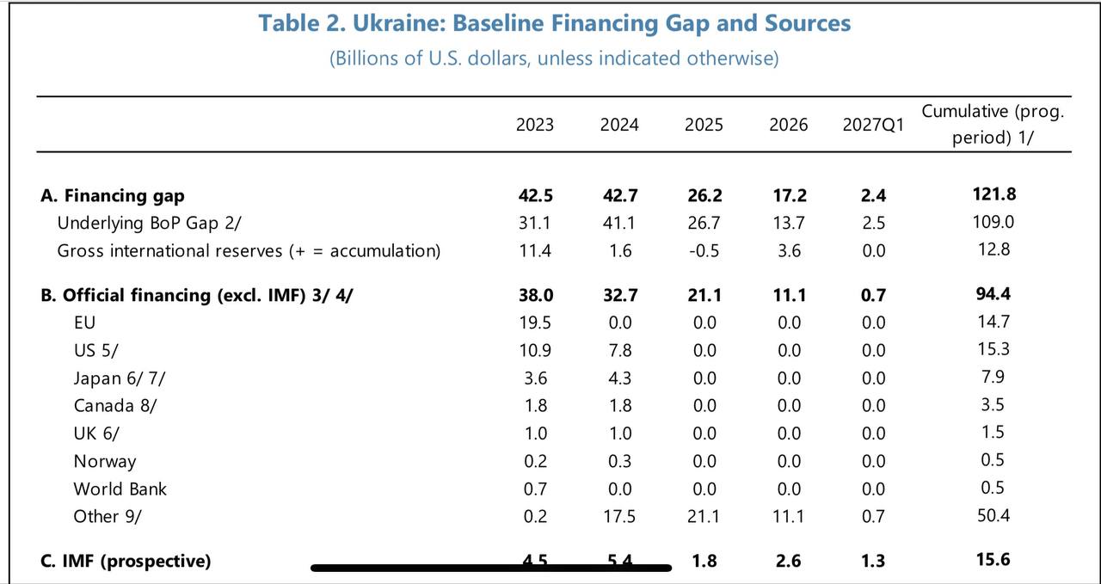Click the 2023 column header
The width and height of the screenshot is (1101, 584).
(x=535, y=125)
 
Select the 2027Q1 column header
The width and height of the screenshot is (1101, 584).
(x=873, y=125)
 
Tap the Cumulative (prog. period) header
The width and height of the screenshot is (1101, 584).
(x=993, y=124)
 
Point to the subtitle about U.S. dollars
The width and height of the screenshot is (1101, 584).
(x=554, y=58)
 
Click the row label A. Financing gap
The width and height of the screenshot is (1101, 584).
(x=113, y=195)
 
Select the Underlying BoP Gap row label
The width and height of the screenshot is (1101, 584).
(x=150, y=223)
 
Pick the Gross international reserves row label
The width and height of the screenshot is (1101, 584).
(x=249, y=250)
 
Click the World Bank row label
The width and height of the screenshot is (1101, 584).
(x=120, y=489)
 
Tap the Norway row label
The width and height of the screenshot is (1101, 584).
(x=105, y=461)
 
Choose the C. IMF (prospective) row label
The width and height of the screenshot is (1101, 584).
(x=126, y=561)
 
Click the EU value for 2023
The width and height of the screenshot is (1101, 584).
(x=535, y=323)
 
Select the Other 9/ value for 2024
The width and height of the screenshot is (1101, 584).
(x=619, y=516)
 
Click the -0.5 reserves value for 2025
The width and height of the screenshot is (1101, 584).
(x=704, y=250)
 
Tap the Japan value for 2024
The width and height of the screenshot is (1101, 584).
(x=619, y=378)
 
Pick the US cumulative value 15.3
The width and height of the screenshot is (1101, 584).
(x=993, y=349)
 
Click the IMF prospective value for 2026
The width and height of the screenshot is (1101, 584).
(x=788, y=561)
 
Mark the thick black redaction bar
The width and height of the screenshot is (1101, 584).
(x=490, y=568)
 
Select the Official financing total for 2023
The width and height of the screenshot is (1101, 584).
(x=535, y=295)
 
